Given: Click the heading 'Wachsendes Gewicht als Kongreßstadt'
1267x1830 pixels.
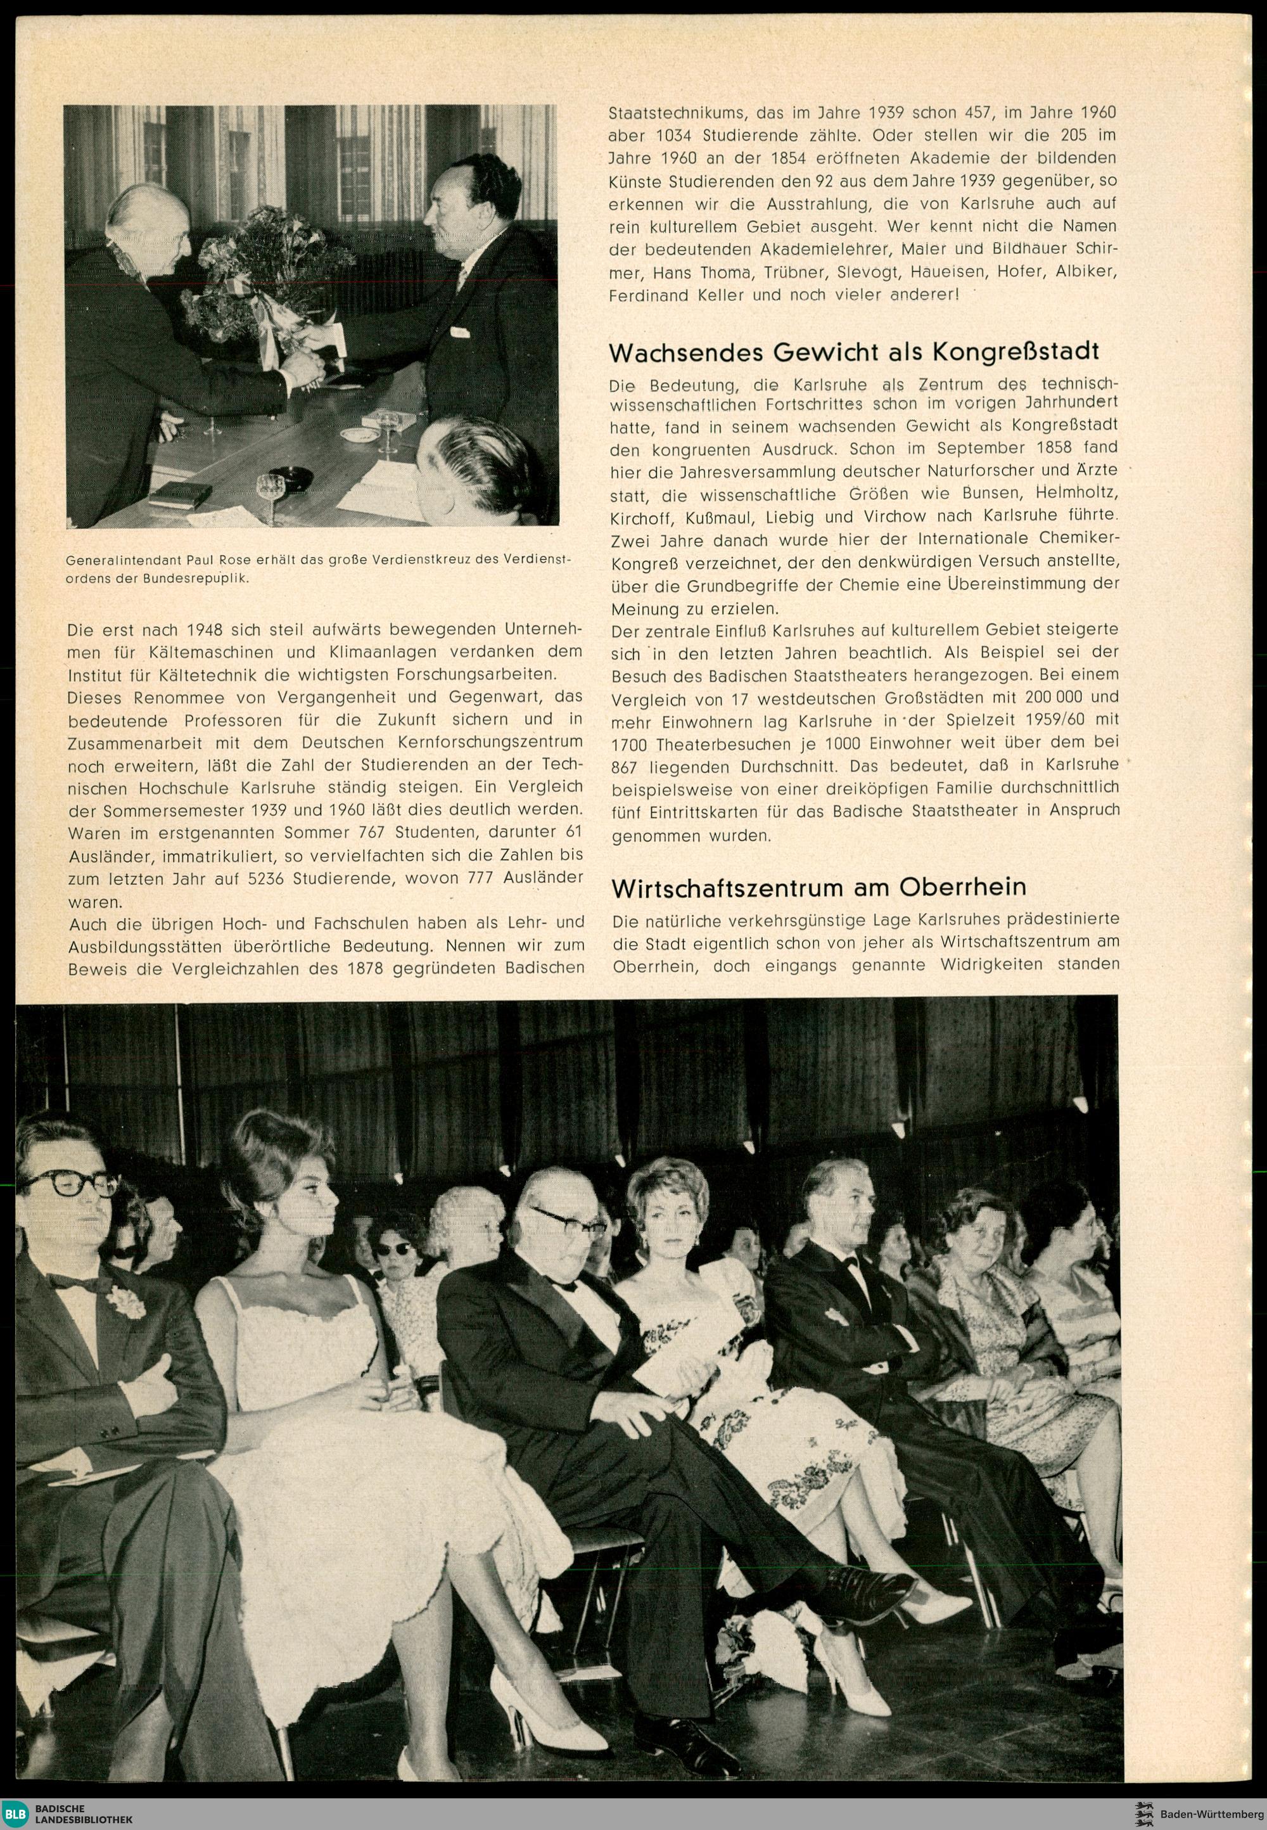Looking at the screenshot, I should pyautogui.click(x=853, y=352).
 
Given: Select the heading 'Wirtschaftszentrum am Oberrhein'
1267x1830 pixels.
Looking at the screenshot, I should pyautogui.click(x=818, y=887).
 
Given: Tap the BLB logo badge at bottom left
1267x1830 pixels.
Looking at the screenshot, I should pyautogui.click(x=16, y=1807).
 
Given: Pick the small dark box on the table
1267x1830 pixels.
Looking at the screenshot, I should pyautogui.click(x=180, y=496).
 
